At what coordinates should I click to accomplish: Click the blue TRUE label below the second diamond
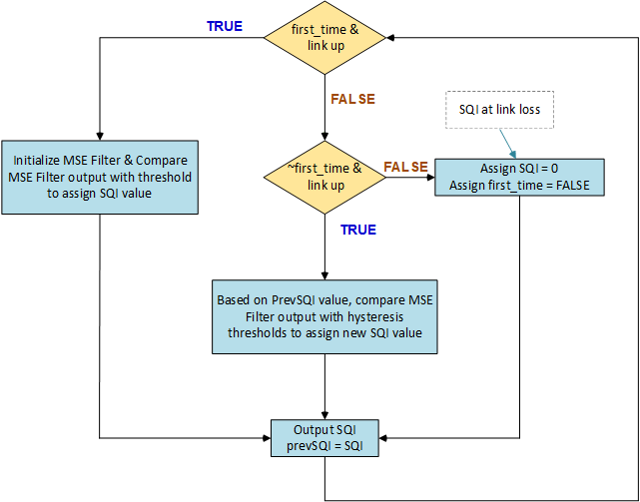(x=358, y=230)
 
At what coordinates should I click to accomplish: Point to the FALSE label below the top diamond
(x=352, y=99)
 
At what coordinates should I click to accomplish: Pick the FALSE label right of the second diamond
(x=406, y=166)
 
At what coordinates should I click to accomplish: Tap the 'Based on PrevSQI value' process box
(x=323, y=316)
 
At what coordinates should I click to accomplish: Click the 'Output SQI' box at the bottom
(x=324, y=436)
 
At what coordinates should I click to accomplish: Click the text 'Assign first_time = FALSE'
(x=519, y=185)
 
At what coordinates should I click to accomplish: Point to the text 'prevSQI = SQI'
(x=324, y=444)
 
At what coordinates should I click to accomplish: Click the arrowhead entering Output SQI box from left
(x=267, y=437)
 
